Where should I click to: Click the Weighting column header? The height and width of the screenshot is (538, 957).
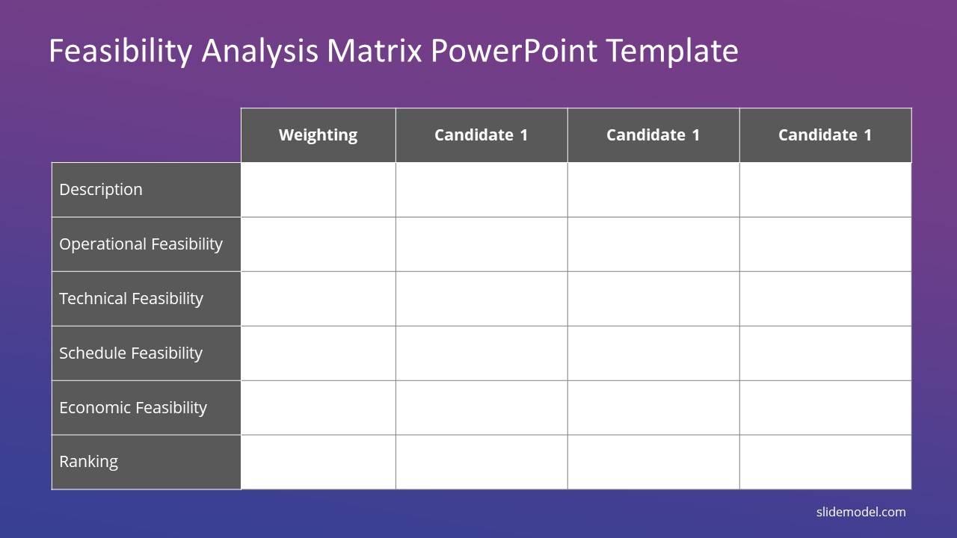pyautogui.click(x=319, y=135)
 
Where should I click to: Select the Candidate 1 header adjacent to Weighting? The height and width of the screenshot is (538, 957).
pyautogui.click(x=481, y=135)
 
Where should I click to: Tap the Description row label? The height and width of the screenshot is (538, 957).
pyautogui.click(x=101, y=190)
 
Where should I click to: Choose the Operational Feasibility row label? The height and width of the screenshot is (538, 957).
pyautogui.click(x=141, y=244)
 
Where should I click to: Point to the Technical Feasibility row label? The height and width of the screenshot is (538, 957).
pyautogui.click(x=131, y=298)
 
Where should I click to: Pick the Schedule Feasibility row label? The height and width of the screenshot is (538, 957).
pyautogui.click(x=131, y=353)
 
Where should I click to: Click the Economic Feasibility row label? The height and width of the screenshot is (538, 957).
pyautogui.click(x=133, y=408)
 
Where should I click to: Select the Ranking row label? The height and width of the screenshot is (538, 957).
pyautogui.click(x=88, y=462)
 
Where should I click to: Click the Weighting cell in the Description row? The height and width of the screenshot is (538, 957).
pyautogui.click(x=319, y=190)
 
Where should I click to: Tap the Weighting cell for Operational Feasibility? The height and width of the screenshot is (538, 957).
pyautogui.click(x=319, y=244)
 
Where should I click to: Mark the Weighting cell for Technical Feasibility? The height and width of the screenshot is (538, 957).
pyautogui.click(x=319, y=298)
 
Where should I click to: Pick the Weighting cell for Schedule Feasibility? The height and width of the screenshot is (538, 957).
pyautogui.click(x=319, y=353)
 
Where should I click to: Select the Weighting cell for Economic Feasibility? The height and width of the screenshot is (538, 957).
pyautogui.click(x=319, y=408)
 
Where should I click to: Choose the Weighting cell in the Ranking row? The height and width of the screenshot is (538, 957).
pyautogui.click(x=319, y=462)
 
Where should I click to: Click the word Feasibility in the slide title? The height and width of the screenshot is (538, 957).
pyautogui.click(x=121, y=52)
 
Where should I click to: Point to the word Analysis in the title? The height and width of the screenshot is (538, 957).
pyautogui.click(x=260, y=52)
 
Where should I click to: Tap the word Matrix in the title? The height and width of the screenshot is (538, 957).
pyautogui.click(x=375, y=51)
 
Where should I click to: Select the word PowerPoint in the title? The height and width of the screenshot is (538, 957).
pyautogui.click(x=514, y=51)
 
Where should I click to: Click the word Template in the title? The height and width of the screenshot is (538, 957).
pyautogui.click(x=672, y=52)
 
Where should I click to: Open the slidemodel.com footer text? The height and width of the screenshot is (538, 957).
pyautogui.click(x=861, y=512)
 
